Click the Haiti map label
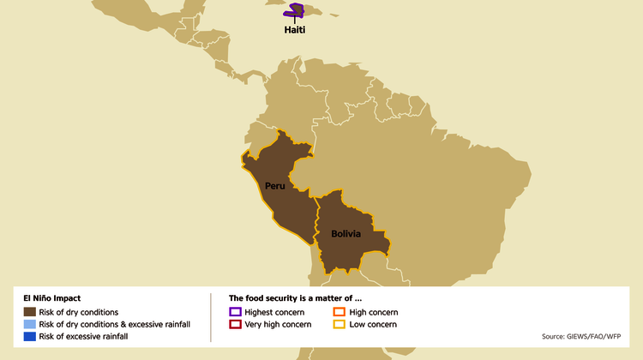pos(295,30)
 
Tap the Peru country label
pos(274,186)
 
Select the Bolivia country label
pos(340,233)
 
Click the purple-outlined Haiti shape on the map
pos(297,10)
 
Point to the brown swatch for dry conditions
pos(30,312)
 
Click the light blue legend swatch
pos(30,324)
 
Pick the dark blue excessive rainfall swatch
pos(30,336)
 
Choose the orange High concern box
pos(339,312)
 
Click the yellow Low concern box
pos(339,324)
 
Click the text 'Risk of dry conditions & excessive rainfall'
pos(115,324)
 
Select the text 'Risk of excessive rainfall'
pos(84,336)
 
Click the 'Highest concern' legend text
pos(274,312)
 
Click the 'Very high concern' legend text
pos(279,324)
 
